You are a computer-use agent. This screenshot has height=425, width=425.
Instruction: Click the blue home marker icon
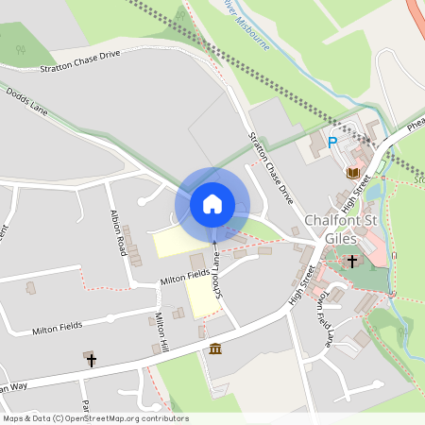(212, 203)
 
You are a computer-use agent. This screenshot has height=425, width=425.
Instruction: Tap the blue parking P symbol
(331, 143)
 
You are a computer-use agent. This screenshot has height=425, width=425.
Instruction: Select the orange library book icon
(353, 173)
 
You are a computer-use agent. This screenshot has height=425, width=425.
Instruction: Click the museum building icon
(216, 349)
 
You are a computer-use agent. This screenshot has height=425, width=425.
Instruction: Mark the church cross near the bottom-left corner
(91, 360)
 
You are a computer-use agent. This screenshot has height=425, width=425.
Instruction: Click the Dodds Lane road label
(26, 101)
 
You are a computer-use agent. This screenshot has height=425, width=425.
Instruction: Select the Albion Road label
(118, 232)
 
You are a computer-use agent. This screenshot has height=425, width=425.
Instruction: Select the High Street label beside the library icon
(355, 193)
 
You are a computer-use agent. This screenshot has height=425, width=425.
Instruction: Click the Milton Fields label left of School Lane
(184, 276)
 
